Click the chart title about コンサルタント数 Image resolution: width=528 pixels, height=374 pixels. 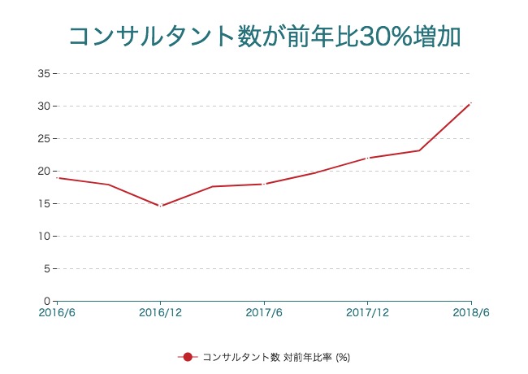[264, 37]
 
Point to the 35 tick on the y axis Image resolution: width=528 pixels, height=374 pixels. [45, 74]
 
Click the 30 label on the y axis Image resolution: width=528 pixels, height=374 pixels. [45, 107]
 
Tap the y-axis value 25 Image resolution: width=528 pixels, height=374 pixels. [45, 139]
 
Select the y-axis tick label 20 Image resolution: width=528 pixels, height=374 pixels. [45, 172]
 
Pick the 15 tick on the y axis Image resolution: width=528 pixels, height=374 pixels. [45, 204]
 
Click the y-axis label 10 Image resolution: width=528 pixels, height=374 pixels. [45, 237]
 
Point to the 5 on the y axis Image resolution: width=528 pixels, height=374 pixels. [48, 269]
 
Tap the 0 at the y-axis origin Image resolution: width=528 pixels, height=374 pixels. [48, 302]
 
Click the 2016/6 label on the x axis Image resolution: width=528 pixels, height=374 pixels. [57, 313]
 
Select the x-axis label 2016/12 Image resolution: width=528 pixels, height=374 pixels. [160, 313]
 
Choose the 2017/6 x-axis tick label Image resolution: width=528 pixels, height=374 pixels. [264, 313]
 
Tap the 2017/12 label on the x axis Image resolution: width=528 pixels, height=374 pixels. [367, 313]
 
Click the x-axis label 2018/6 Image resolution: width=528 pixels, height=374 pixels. [470, 313]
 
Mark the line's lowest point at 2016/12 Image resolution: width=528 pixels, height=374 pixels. [160, 206]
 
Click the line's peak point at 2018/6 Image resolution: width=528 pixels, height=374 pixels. [470, 103]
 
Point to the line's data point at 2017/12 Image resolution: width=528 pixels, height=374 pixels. [367, 158]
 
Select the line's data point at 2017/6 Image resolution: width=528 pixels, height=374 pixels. [264, 184]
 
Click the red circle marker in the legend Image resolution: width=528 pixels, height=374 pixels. [187, 357]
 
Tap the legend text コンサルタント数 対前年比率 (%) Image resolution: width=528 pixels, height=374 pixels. [275, 357]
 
